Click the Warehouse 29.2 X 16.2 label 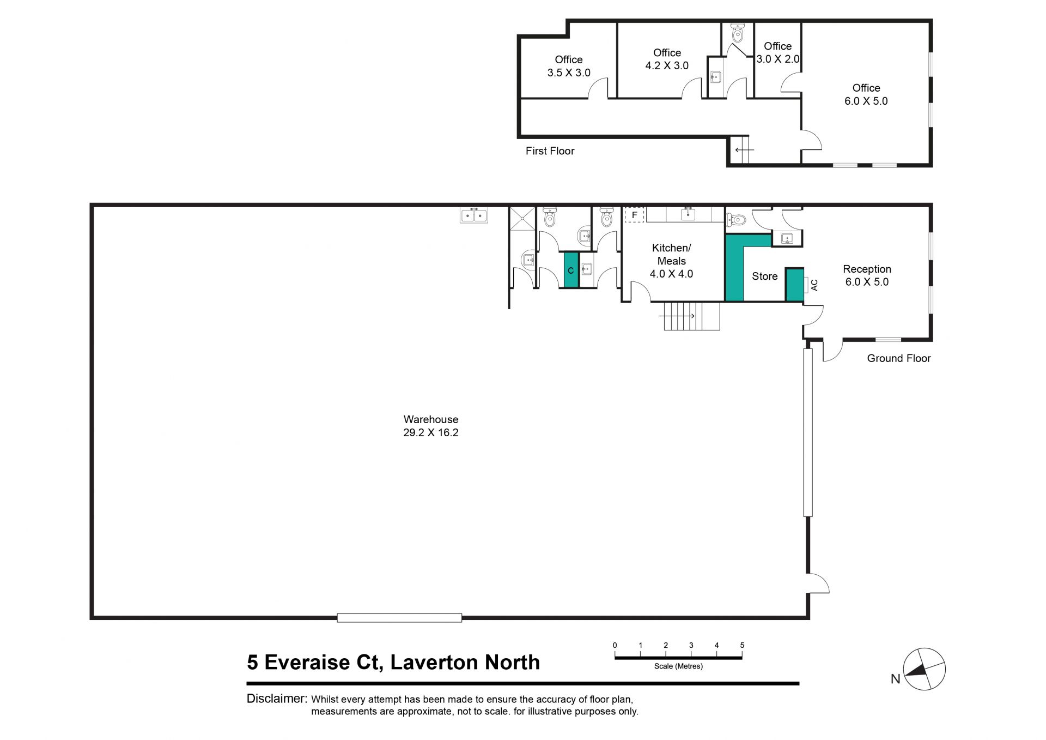pyautogui.click(x=430, y=426)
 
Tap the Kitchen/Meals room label pyautogui.click(x=671, y=261)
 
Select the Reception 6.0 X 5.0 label pyautogui.click(x=867, y=275)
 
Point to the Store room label pyautogui.click(x=764, y=276)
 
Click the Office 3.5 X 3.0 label pyautogui.click(x=569, y=66)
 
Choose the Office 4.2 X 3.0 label pyautogui.click(x=667, y=59)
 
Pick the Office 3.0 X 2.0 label pyautogui.click(x=777, y=52)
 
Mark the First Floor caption pyautogui.click(x=550, y=151)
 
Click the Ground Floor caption pyautogui.click(x=898, y=358)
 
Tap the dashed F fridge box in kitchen pyautogui.click(x=634, y=215)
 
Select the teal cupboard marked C pyautogui.click(x=571, y=270)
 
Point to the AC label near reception pyautogui.click(x=814, y=285)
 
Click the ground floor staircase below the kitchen pyautogui.click(x=691, y=316)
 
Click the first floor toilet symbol pyautogui.click(x=738, y=34)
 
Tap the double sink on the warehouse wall pyautogui.click(x=474, y=215)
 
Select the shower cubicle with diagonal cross pyautogui.click(x=522, y=219)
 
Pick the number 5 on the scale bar pyautogui.click(x=742, y=645)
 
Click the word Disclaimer pyautogui.click(x=276, y=699)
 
